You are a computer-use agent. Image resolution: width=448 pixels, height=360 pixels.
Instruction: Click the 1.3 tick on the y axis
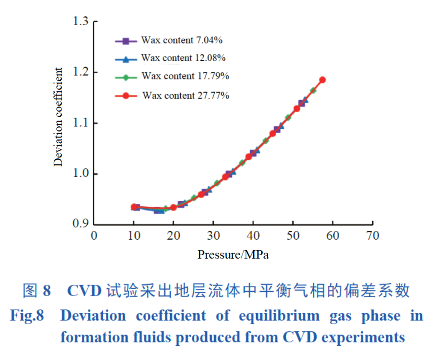tap(81, 21)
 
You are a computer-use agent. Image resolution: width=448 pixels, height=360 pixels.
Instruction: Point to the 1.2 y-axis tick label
tap(81, 72)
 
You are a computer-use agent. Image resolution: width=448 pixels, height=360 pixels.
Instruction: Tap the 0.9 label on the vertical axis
tap(81, 224)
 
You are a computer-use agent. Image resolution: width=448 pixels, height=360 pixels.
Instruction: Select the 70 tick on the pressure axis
tap(373, 236)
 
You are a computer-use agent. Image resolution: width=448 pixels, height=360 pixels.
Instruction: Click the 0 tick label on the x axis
tap(94, 236)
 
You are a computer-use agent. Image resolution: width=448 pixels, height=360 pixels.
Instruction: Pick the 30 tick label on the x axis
tap(213, 236)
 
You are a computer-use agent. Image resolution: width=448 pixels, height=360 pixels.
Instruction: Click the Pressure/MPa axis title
tap(233, 255)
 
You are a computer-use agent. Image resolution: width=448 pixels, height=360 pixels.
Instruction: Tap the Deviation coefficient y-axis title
tap(59, 117)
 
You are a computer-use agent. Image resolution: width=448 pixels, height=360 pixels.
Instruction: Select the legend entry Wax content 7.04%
tap(182, 41)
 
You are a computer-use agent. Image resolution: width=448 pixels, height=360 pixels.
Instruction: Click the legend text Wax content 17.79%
tap(185, 76)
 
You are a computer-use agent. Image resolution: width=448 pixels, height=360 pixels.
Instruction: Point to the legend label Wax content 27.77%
tap(186, 96)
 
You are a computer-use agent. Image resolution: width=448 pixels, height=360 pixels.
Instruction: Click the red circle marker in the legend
tap(126, 96)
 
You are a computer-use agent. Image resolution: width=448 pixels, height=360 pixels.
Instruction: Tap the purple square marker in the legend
tap(126, 41)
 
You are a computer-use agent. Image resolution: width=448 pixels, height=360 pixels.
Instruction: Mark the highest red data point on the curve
tap(322, 80)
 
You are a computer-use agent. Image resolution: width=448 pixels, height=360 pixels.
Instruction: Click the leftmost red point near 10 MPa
tap(134, 207)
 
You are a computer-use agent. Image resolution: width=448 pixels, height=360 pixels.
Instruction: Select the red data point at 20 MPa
tap(173, 208)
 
